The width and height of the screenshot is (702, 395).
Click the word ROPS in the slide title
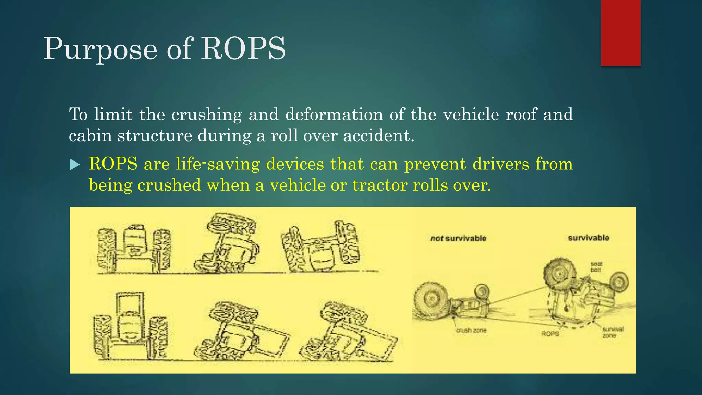tap(243, 49)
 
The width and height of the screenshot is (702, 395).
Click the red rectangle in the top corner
tap(620, 33)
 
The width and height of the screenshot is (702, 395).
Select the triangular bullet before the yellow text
tap(74, 165)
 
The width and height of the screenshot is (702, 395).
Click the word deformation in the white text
tap(334, 114)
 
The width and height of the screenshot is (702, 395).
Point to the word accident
tap(378, 136)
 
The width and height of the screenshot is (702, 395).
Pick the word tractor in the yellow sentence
tap(380, 185)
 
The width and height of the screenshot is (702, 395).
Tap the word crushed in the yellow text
tap(169, 185)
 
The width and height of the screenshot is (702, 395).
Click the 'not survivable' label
tap(458, 238)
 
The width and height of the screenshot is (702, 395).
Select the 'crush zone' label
tap(471, 330)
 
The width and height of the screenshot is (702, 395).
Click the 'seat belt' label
tap(596, 267)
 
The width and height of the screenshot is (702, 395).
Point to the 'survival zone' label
tap(613, 332)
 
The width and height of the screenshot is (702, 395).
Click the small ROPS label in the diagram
tap(550, 334)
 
